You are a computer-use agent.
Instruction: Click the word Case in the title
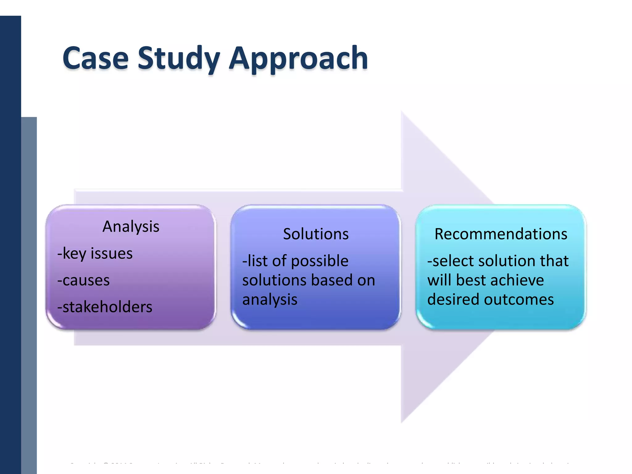pyautogui.click(x=95, y=58)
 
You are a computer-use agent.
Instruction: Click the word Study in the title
pyautogui.click(x=179, y=58)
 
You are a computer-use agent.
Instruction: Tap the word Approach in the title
pyautogui.click(x=298, y=58)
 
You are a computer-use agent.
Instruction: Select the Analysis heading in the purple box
pyautogui.click(x=131, y=227)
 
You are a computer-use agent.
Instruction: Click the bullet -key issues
pyautogui.click(x=95, y=253)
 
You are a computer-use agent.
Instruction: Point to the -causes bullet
pyautogui.click(x=84, y=280)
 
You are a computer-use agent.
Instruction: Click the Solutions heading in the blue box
pyautogui.click(x=316, y=234)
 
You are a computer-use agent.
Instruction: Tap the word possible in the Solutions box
pyautogui.click(x=320, y=261)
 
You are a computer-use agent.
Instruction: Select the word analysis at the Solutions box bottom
pyautogui.click(x=270, y=300)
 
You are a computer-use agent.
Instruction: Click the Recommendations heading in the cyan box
pyautogui.click(x=501, y=234)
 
